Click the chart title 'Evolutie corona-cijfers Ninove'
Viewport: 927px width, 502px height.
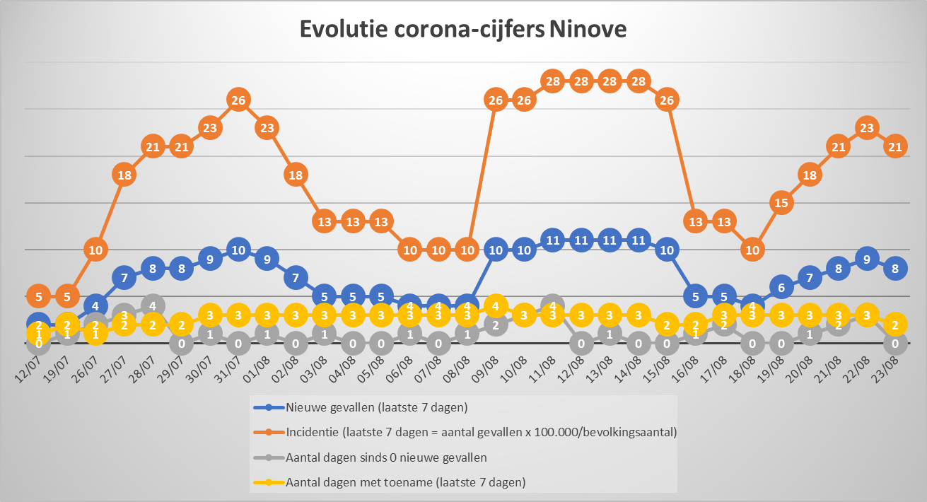point(463,30)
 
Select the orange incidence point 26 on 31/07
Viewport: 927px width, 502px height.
point(238,100)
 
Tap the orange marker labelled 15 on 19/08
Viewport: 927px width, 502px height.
point(781,203)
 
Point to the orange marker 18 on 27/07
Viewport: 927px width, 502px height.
point(124,175)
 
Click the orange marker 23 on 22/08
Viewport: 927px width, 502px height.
point(867,128)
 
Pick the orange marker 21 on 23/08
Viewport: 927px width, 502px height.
point(895,147)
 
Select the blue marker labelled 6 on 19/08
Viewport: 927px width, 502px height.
point(781,288)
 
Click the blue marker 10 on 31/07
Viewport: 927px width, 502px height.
point(238,250)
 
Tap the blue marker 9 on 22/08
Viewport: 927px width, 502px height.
point(867,259)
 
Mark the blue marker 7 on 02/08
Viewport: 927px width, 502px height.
point(296,278)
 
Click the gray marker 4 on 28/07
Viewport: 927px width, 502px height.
point(153,306)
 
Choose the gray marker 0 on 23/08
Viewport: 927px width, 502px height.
point(895,344)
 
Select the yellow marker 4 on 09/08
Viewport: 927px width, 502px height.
point(496,306)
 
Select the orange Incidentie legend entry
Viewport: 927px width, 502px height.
point(481,432)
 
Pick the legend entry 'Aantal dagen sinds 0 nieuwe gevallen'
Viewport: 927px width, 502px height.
point(386,457)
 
